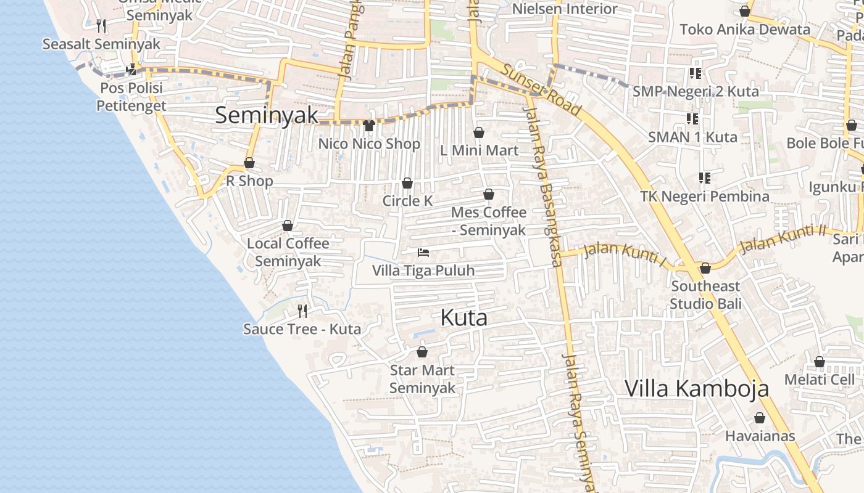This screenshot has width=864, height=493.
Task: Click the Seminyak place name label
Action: (267, 115)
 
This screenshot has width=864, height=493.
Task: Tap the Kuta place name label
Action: (464, 317)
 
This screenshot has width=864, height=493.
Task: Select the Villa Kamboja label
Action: (697, 388)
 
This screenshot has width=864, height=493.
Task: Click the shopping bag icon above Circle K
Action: (407, 183)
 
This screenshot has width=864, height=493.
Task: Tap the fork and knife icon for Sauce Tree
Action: (302, 310)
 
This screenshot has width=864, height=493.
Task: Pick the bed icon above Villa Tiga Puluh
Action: (423, 253)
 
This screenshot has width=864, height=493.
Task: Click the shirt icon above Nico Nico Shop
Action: (369, 126)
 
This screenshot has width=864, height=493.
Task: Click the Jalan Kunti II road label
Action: (783, 239)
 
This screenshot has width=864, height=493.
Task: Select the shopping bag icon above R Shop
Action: (249, 163)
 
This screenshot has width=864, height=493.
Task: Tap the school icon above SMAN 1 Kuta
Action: (692, 118)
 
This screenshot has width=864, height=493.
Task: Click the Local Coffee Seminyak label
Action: (288, 252)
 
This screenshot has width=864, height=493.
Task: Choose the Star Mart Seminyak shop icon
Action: (422, 352)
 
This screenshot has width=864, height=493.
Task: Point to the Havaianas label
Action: (760, 436)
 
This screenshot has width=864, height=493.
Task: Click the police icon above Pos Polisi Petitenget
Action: (131, 69)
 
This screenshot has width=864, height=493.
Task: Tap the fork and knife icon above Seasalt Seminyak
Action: (102, 25)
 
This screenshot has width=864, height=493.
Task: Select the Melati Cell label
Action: (820, 380)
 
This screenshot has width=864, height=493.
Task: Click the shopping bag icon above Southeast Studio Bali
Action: (705, 268)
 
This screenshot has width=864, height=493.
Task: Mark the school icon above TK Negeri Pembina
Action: (705, 178)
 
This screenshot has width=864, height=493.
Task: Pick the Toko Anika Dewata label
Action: (745, 30)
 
